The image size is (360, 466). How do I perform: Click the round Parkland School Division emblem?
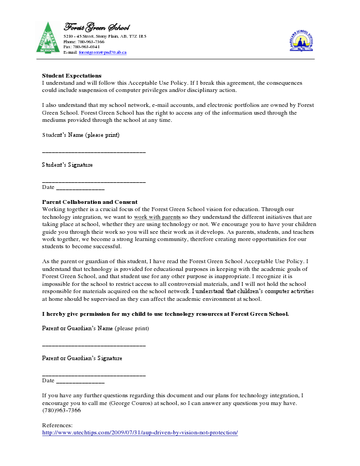(x=302, y=40)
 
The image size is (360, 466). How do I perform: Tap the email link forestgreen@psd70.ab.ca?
(x=102, y=52)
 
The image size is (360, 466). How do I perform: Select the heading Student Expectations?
(x=72, y=75)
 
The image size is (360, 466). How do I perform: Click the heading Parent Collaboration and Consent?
(x=90, y=202)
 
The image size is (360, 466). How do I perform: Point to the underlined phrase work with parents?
(x=157, y=217)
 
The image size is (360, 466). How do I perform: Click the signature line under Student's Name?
(x=94, y=152)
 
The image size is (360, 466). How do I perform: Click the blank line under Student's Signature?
(x=94, y=181)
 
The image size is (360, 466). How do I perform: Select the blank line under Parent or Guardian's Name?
(x=94, y=345)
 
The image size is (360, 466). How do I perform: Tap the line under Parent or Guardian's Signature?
(x=94, y=375)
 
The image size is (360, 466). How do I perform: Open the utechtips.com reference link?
(x=140, y=432)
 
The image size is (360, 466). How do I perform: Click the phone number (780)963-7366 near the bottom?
(x=61, y=411)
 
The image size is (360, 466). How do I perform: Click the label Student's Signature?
(x=68, y=165)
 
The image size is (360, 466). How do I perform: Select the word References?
(x=57, y=425)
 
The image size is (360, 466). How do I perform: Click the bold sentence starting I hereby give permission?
(x=166, y=314)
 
